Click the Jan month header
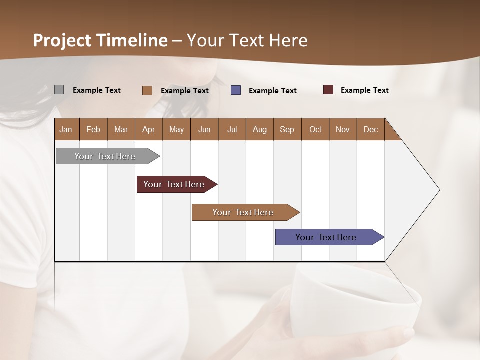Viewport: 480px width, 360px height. [66, 129]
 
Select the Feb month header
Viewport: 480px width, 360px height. [93, 129]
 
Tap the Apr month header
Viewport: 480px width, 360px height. [148, 129]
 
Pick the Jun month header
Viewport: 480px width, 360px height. [204, 129]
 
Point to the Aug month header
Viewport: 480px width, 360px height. [259, 129]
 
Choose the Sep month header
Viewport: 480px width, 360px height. [287, 129]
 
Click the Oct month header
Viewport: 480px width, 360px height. [315, 129]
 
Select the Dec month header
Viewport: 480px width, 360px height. [370, 129]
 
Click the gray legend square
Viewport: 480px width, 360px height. [59, 90]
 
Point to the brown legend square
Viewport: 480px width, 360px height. [147, 90]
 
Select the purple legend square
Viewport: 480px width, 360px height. [236, 90]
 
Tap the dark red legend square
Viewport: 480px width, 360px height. [328, 90]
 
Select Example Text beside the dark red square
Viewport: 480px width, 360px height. [364, 90]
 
